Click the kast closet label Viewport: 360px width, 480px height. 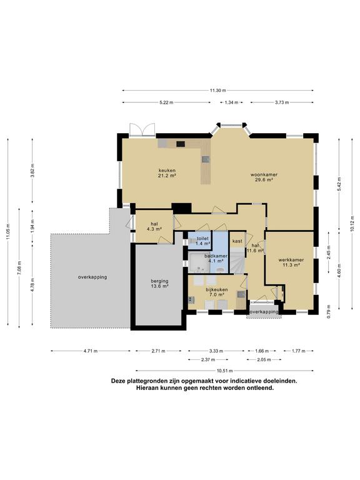coord(237,241)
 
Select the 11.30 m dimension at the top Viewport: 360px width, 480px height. coord(217,90)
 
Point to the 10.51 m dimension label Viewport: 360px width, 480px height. coord(225,371)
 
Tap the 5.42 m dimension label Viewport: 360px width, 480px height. coord(339,184)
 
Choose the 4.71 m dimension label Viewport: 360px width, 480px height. coord(91,351)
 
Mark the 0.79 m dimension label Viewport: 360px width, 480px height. coord(328,312)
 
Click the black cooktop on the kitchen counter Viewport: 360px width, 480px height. coord(181,144)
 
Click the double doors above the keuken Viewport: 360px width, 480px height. coord(142,129)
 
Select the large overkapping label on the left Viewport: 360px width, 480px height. coord(92,277)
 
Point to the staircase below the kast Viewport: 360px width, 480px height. coord(237,260)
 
